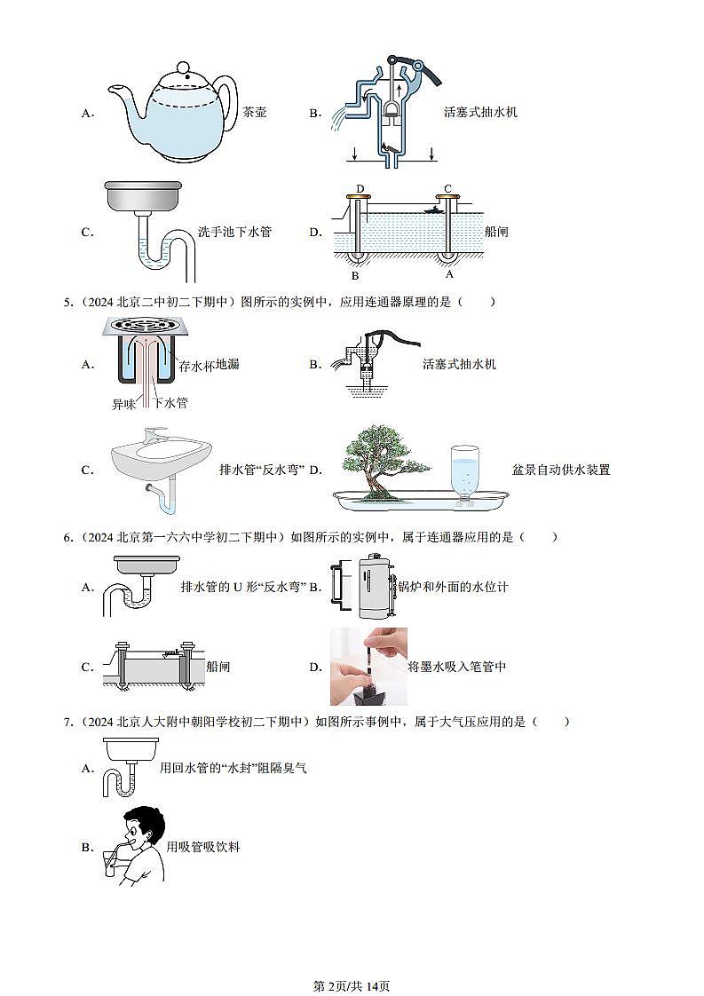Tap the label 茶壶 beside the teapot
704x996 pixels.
(254, 113)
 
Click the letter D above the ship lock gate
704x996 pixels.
(360, 189)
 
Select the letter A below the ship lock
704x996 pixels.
(449, 274)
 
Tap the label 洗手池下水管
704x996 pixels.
(234, 232)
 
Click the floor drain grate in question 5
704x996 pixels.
(144, 325)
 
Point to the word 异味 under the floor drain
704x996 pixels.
(124, 404)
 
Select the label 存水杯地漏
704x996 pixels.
(209, 365)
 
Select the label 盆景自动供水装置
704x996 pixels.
(561, 470)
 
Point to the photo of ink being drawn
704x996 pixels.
(368, 667)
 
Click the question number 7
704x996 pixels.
(68, 722)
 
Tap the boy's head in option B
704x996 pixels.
(144, 829)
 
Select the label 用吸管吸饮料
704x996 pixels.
(203, 847)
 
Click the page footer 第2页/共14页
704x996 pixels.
(352, 985)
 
